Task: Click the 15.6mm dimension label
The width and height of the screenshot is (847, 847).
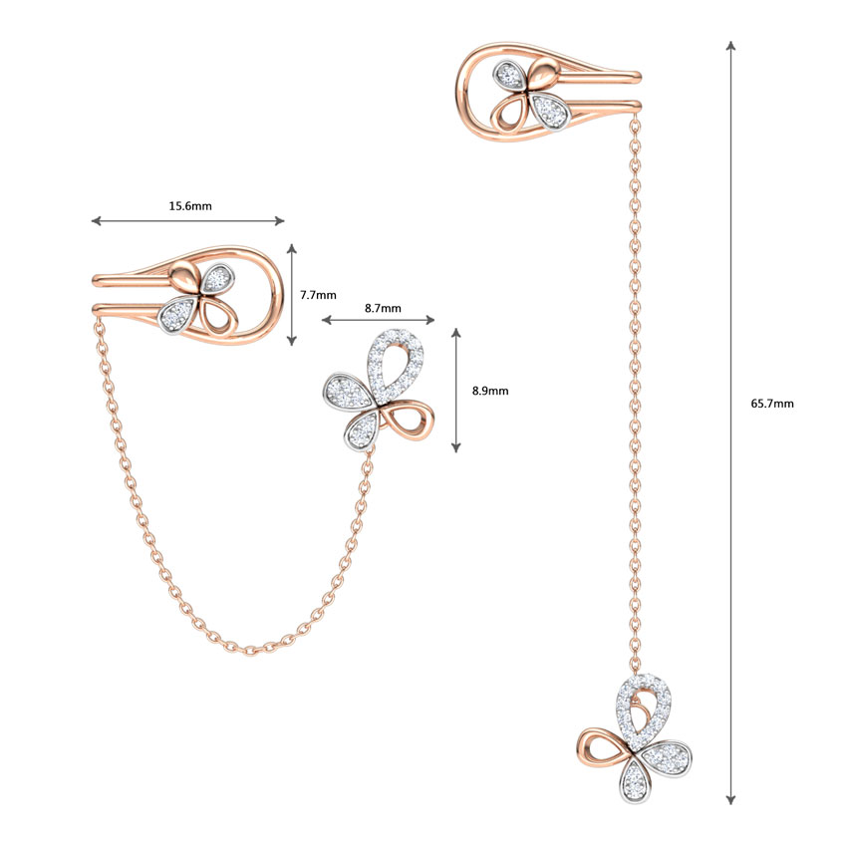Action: pyautogui.click(x=189, y=206)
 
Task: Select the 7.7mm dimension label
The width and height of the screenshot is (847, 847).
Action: pyautogui.click(x=318, y=295)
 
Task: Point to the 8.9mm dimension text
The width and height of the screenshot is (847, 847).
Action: pyautogui.click(x=489, y=391)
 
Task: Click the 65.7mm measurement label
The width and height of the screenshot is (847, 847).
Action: pyautogui.click(x=775, y=404)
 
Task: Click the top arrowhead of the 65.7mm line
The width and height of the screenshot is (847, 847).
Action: pyautogui.click(x=731, y=46)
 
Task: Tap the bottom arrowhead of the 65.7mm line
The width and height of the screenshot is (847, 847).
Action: pyautogui.click(x=731, y=798)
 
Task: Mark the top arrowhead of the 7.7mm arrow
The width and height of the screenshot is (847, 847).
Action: pyautogui.click(x=291, y=248)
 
